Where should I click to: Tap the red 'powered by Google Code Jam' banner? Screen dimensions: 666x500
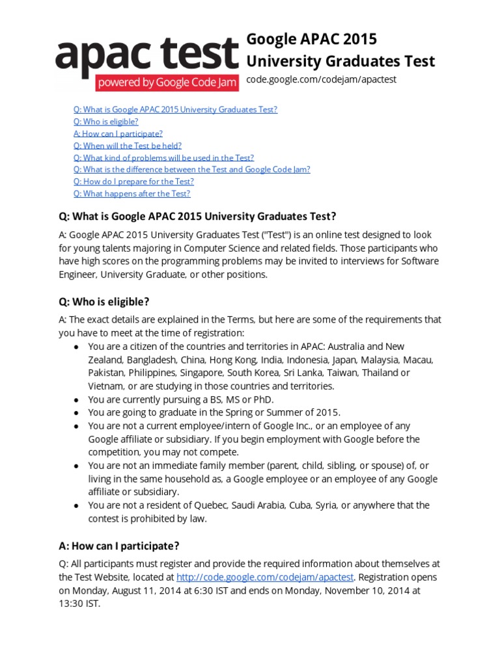(x=167, y=83)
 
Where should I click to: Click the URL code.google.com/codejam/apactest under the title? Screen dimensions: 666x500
(x=321, y=79)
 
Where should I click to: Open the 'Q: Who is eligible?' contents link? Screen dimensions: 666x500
(x=105, y=122)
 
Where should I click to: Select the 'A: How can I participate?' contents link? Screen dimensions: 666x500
(x=118, y=133)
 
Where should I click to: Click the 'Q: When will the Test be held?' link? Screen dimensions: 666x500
(x=127, y=146)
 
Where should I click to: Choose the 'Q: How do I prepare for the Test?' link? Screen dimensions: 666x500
(x=133, y=181)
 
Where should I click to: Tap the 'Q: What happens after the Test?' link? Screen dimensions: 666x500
(x=132, y=193)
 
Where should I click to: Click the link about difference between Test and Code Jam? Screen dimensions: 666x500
(x=191, y=169)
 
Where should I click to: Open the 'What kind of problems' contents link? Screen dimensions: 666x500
(x=163, y=157)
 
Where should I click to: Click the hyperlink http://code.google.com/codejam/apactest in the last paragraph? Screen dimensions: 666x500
(x=265, y=577)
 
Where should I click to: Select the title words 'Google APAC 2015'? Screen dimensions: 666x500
(x=311, y=40)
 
